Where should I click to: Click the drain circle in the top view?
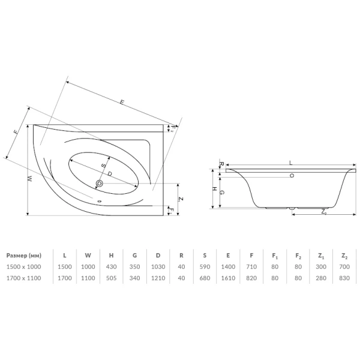(100, 184)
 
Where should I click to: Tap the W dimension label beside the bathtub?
(30, 179)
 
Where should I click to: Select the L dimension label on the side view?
(290, 163)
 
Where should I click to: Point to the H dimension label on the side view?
(214, 189)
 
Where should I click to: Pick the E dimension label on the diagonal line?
(122, 102)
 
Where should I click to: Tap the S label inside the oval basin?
(104, 166)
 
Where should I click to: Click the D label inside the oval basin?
(110, 174)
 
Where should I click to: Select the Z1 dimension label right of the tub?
(181, 199)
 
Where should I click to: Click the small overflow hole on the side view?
(292, 176)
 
